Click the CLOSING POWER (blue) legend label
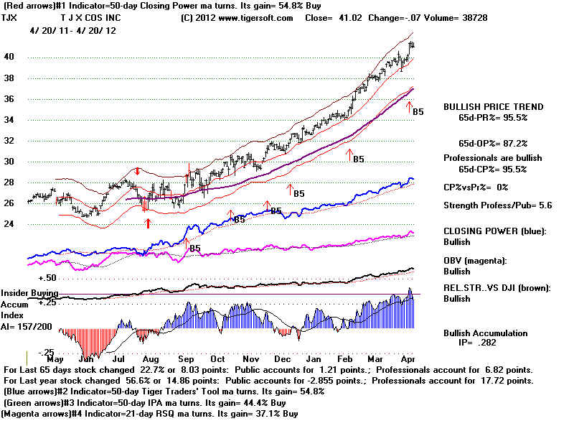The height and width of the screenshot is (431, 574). point(494,231)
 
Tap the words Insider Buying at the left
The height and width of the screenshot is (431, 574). point(29,293)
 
